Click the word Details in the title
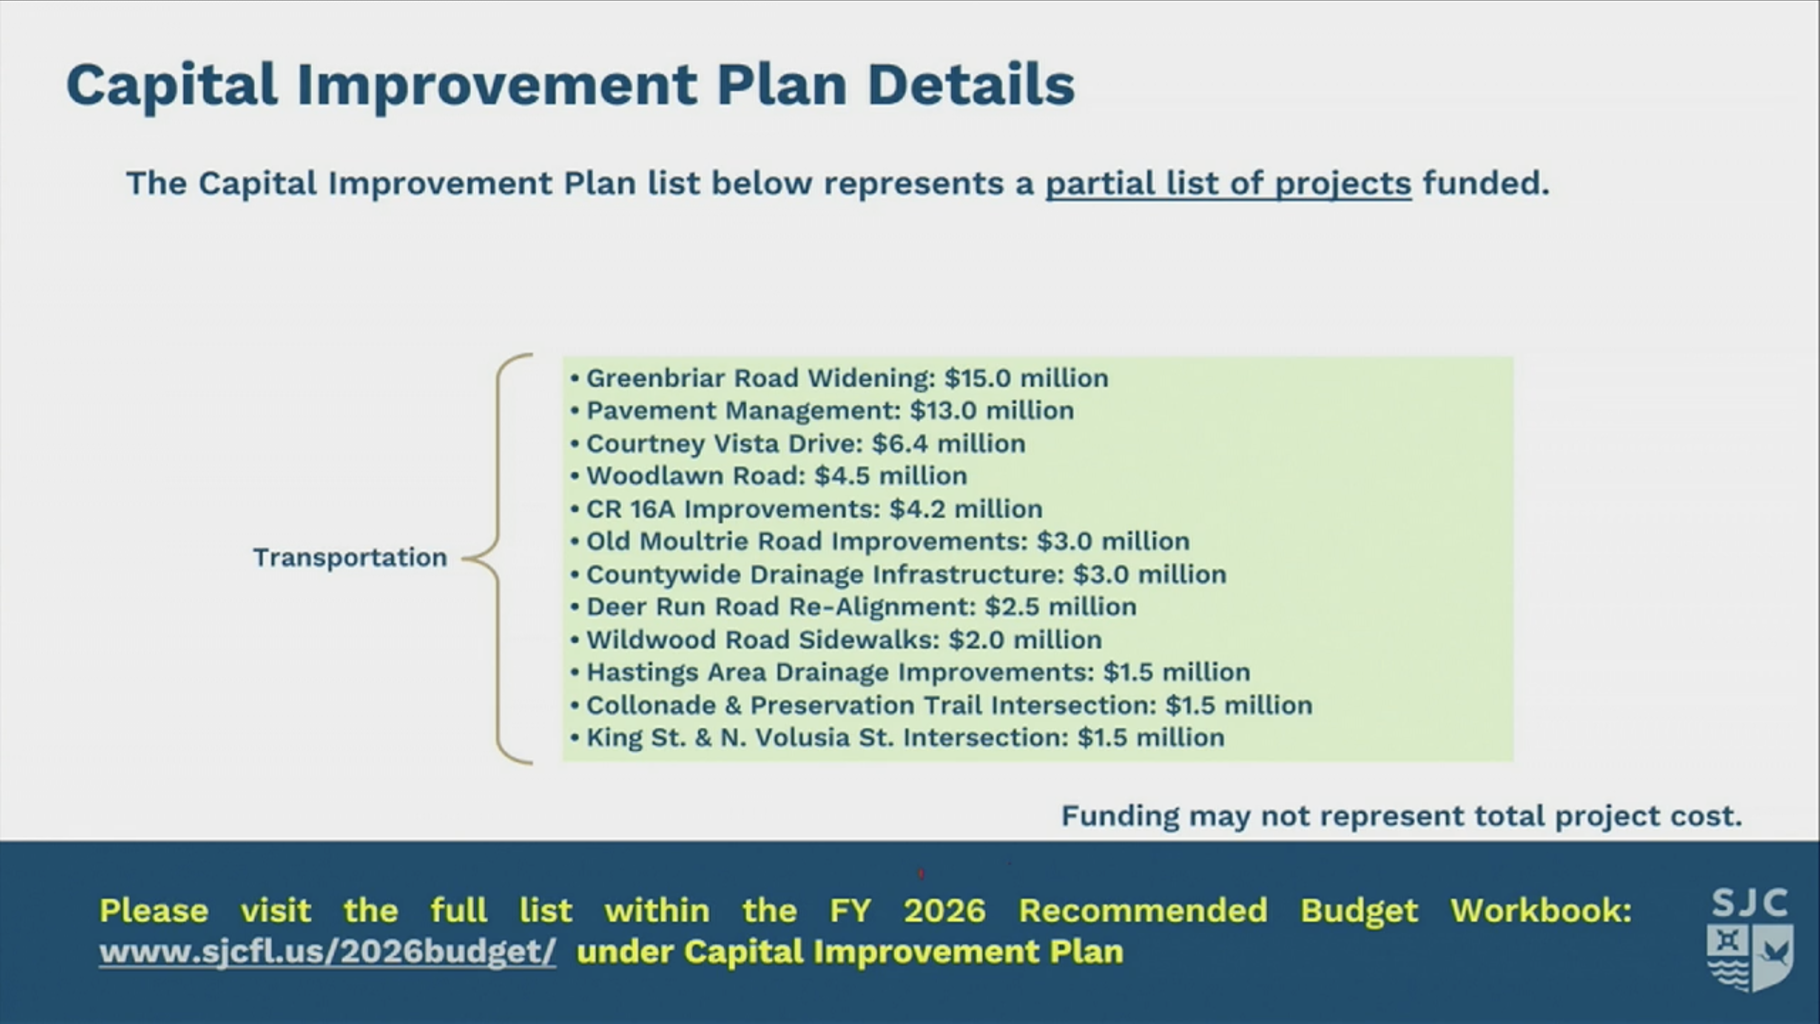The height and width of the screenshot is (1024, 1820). click(971, 85)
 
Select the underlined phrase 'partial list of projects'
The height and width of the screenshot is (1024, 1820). click(1228, 184)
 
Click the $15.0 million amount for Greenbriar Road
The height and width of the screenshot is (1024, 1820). click(1026, 378)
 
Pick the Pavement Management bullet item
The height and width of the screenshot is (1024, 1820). click(823, 411)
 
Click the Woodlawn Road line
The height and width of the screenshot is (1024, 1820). click(769, 476)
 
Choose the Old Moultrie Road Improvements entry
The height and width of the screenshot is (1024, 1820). click(880, 541)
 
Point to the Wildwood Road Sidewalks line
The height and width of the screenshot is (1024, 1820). click(836, 640)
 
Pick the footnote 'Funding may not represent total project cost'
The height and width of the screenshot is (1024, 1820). click(1402, 816)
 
